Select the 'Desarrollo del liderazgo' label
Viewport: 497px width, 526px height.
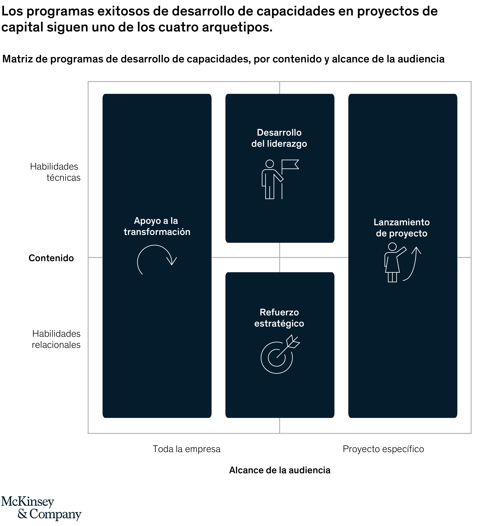[x=279, y=138]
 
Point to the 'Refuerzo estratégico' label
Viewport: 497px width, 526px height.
[x=279, y=318]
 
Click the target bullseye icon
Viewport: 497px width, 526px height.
[x=277, y=357]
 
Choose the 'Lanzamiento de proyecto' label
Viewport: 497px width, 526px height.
[x=402, y=228]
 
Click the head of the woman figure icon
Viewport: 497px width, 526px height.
[x=392, y=247]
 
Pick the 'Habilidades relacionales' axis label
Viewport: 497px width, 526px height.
[x=56, y=339]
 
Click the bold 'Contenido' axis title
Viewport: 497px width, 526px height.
[x=51, y=258]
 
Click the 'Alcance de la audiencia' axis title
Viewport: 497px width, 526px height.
[x=280, y=470]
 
